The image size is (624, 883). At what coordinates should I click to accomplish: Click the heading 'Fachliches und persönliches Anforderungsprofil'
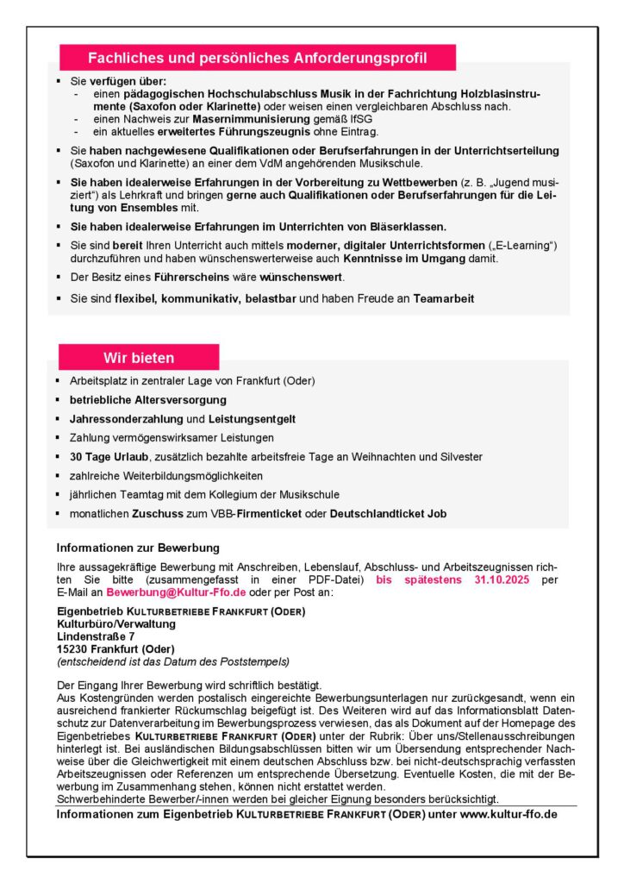pos(258,58)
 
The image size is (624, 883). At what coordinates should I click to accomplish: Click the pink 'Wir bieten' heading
pos(139,358)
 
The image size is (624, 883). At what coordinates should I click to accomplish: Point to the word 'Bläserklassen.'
pos(405,227)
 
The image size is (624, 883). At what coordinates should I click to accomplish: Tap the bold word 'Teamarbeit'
pos(444,298)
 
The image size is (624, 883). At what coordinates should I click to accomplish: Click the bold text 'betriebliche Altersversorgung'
pos(148,400)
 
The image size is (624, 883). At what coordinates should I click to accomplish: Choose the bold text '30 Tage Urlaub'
pos(109,457)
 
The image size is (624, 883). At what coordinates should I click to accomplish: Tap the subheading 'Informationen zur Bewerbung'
pos(138,548)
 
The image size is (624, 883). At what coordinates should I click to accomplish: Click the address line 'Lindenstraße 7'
pos(95,636)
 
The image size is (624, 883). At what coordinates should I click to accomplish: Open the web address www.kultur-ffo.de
pos(509,813)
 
